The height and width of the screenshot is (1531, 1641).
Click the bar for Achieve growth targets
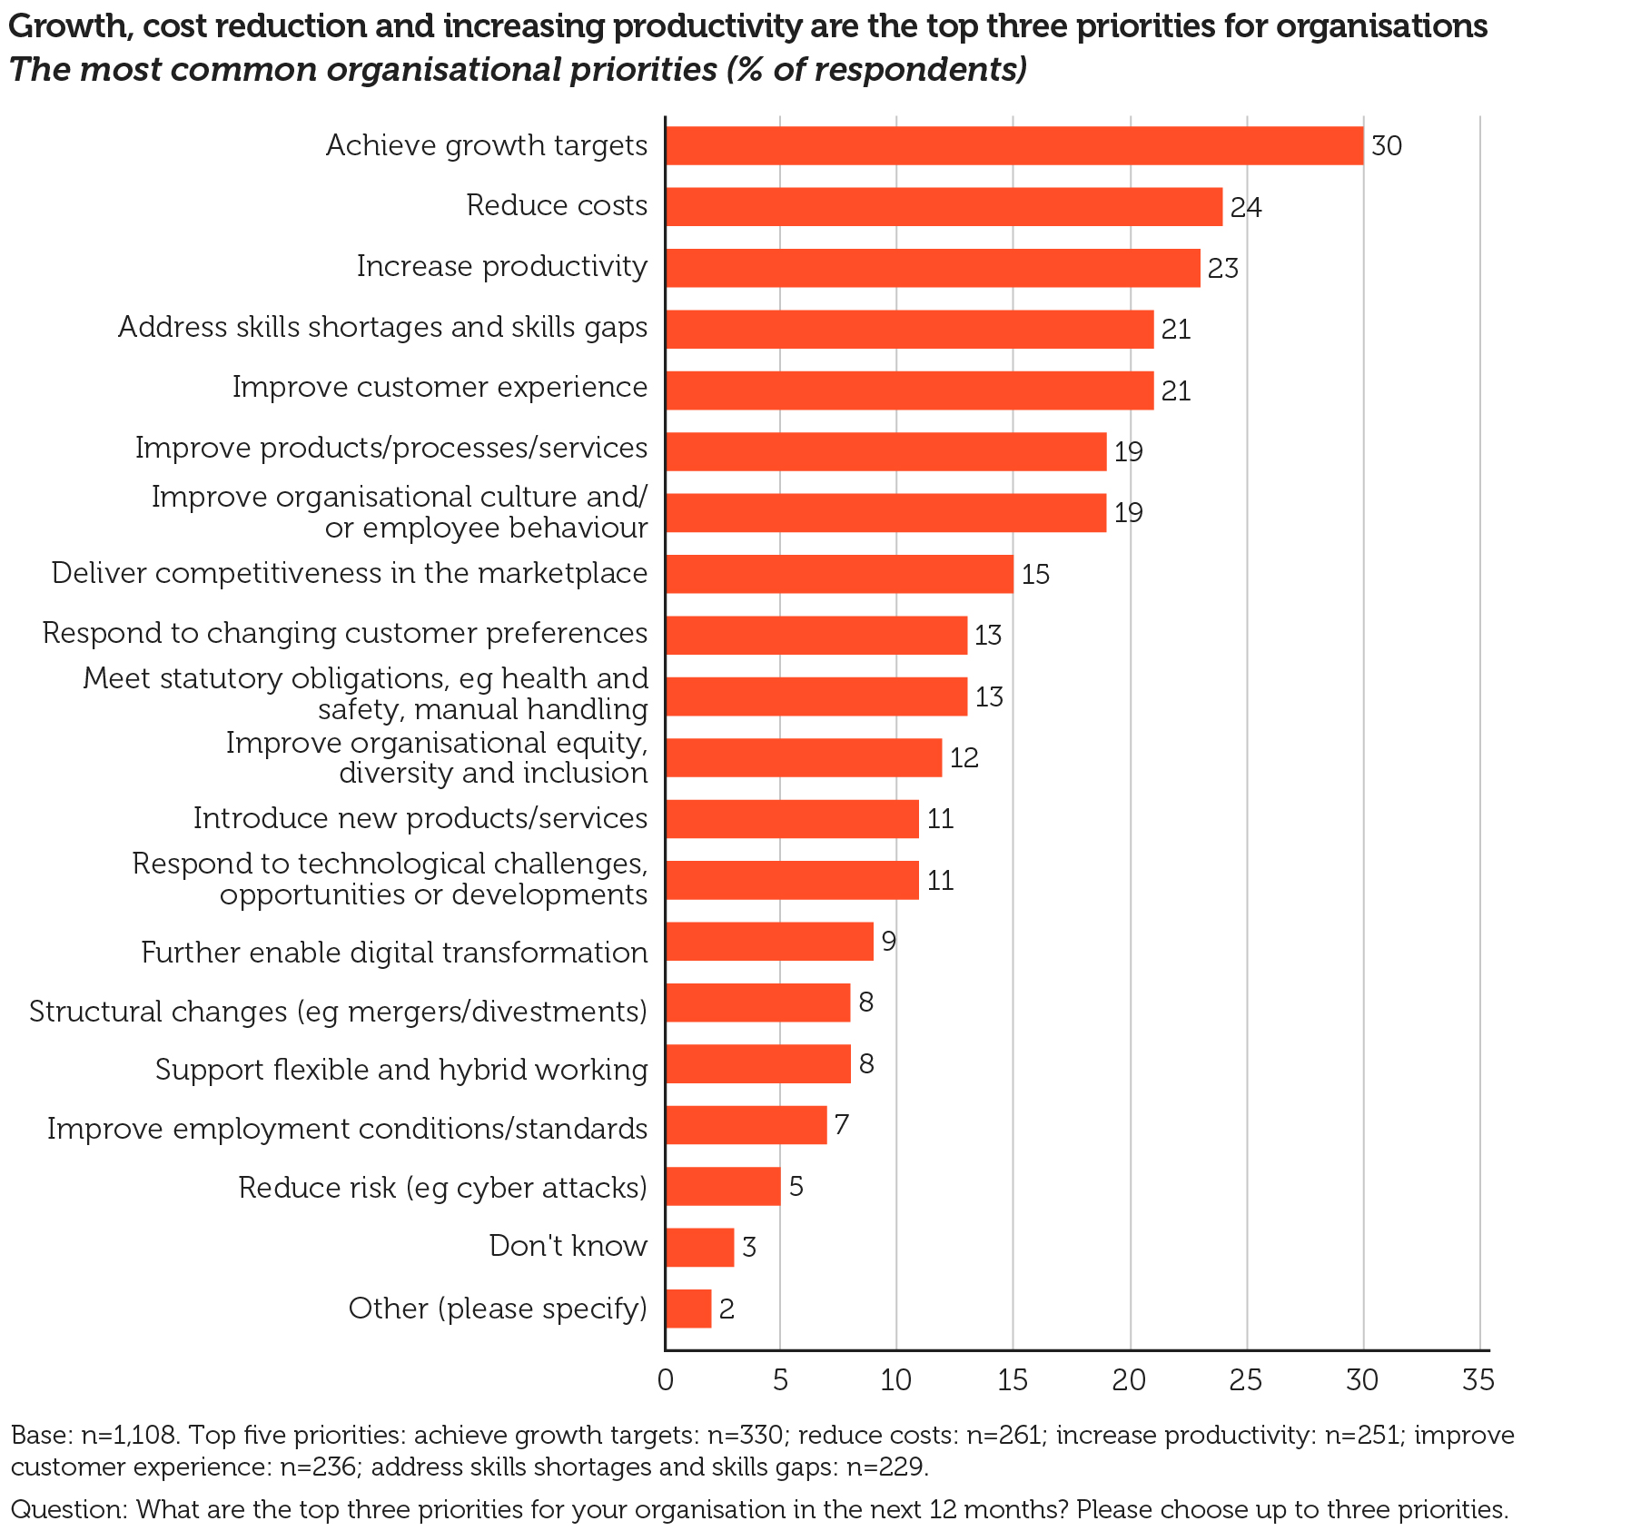point(1013,145)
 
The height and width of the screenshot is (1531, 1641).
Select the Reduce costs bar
point(944,207)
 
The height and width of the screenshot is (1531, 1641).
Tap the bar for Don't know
point(699,1247)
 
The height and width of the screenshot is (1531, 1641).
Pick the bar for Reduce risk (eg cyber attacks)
point(723,1186)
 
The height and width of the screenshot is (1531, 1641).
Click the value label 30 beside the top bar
point(1387,146)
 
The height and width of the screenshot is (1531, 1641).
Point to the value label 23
point(1222,269)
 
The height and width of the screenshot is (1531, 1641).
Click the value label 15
point(1035,575)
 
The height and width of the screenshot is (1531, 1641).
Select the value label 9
point(889,942)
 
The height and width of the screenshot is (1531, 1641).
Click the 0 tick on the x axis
point(666,1381)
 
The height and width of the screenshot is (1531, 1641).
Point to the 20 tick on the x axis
point(1129,1381)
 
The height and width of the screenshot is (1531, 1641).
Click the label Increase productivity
point(502,266)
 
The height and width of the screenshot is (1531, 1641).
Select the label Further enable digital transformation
point(394,953)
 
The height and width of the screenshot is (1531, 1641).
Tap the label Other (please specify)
point(498,1309)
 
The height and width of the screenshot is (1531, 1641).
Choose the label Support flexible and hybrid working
point(401,1070)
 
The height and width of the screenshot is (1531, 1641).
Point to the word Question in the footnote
point(68,1509)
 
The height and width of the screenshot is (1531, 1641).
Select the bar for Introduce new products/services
point(792,819)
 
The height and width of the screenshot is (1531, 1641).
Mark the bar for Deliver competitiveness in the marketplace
point(839,575)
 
